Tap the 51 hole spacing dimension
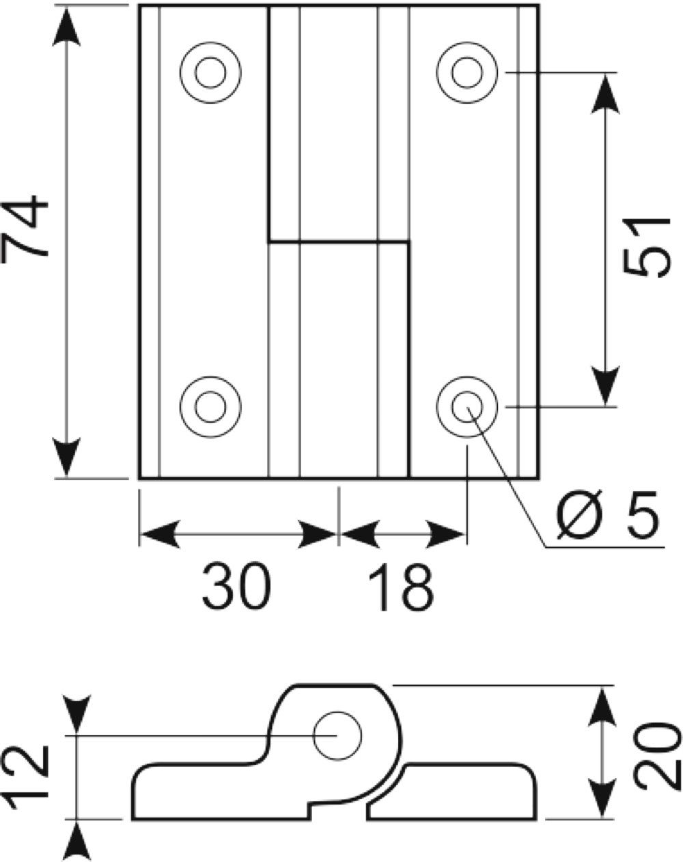click(x=645, y=247)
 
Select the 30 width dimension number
click(x=236, y=589)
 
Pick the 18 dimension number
click(x=402, y=589)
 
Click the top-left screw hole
click(x=211, y=72)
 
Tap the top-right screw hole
click(x=467, y=72)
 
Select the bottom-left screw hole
click(x=211, y=407)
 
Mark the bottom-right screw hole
click(x=467, y=407)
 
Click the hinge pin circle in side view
click(x=337, y=736)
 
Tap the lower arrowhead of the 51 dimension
click(x=605, y=385)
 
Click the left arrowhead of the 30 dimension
click(x=161, y=534)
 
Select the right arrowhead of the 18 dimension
click(x=445, y=534)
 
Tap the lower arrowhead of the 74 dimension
click(x=66, y=457)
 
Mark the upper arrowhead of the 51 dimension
click(x=605, y=94)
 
